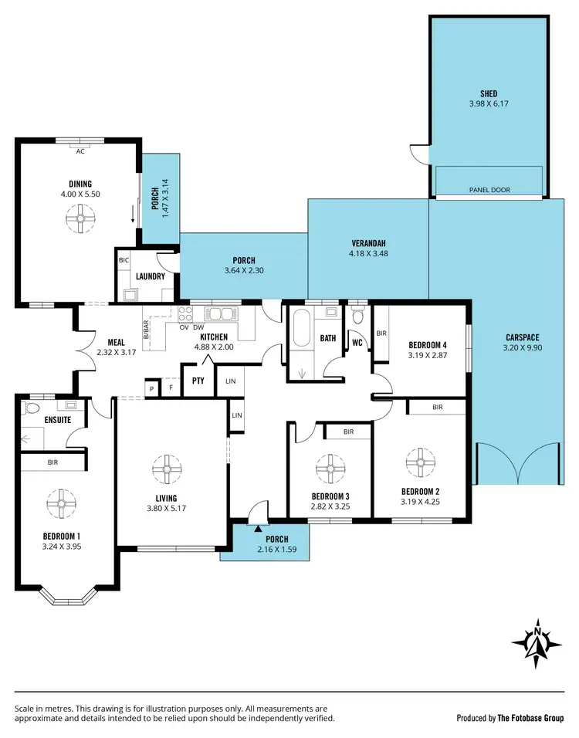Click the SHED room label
[x=489, y=94]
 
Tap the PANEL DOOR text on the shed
[x=489, y=190]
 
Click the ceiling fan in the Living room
[x=166, y=468]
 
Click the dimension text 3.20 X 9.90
[x=523, y=348]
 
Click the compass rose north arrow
[x=537, y=640]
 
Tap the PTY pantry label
[x=198, y=381]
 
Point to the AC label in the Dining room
[x=80, y=151]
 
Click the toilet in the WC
[x=357, y=316]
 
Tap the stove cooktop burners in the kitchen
[x=185, y=313]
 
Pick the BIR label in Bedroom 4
[x=381, y=333]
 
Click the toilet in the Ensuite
[x=31, y=407]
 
